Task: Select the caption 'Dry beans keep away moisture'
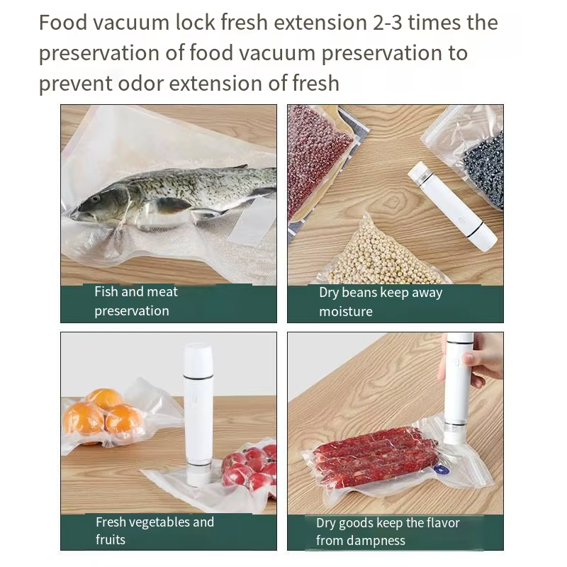[x=381, y=302]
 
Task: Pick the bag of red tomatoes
[x=248, y=468]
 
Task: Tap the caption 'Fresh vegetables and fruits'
[x=155, y=531]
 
